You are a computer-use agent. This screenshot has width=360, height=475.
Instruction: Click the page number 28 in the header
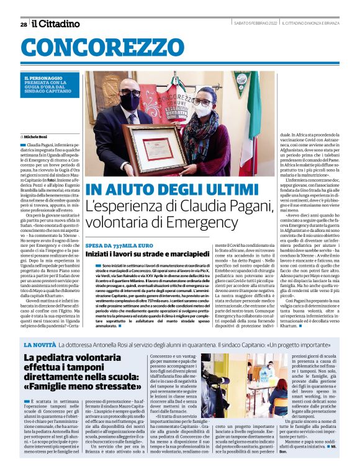[24, 24]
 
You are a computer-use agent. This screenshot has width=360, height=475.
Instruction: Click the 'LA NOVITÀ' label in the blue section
[40, 344]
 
